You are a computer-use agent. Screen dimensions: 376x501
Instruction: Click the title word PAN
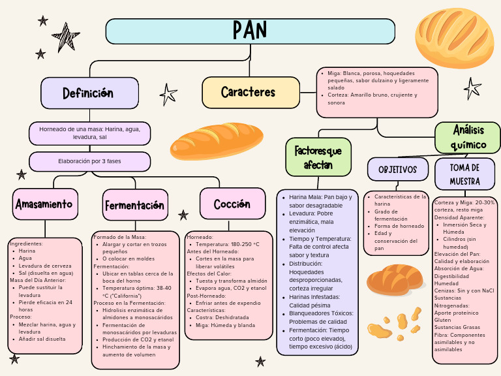click(x=250, y=30)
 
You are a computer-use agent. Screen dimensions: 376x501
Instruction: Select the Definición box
click(x=89, y=93)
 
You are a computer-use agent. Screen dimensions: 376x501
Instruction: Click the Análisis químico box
click(x=468, y=137)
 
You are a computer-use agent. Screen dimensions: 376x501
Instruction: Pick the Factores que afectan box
click(x=318, y=157)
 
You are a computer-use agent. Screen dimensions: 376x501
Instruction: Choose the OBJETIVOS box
click(x=397, y=170)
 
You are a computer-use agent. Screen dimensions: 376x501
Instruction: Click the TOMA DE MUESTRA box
click(x=464, y=174)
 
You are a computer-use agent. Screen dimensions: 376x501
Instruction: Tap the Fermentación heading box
click(x=134, y=205)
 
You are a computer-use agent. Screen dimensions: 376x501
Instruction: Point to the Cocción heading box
click(x=232, y=204)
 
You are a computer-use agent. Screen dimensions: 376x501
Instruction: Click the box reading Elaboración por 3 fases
click(x=89, y=161)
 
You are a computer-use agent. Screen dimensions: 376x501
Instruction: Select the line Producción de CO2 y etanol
click(x=138, y=339)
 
